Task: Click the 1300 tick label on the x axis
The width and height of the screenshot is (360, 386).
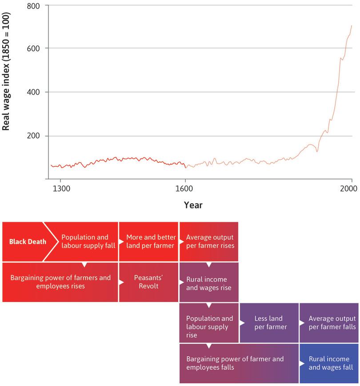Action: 60,188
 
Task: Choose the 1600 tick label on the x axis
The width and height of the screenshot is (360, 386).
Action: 185,188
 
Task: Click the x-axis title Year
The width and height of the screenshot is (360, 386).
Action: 193,205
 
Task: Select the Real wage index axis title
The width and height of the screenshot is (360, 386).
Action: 6,71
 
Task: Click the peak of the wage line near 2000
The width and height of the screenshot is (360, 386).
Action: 352,25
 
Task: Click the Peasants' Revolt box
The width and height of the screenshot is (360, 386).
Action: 148,282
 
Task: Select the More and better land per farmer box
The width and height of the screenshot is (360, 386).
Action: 148,242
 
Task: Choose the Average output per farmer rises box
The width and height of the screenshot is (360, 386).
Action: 209,242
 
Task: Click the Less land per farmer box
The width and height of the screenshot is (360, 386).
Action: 269,323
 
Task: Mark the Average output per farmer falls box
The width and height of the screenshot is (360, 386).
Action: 329,323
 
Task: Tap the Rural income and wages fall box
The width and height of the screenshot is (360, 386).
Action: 329,363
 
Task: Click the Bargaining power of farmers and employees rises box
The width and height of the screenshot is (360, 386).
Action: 60,282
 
